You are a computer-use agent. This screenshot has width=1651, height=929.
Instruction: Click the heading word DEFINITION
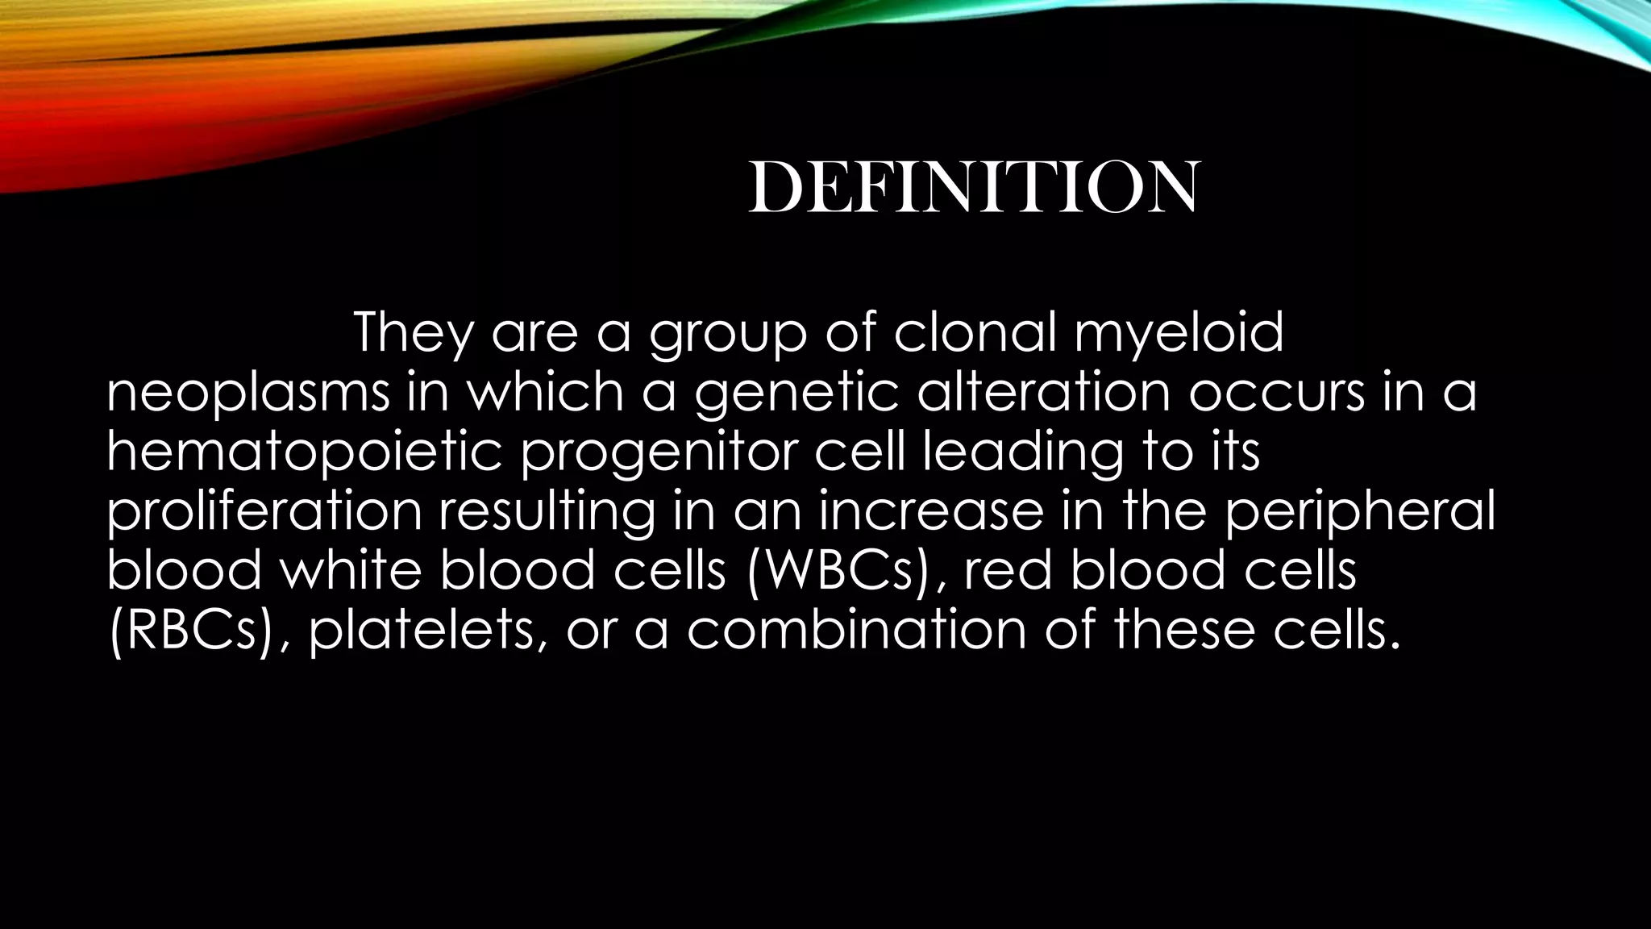click(974, 188)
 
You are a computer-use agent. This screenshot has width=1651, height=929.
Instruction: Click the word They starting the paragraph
click(412, 333)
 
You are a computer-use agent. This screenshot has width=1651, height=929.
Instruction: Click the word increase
click(931, 511)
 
